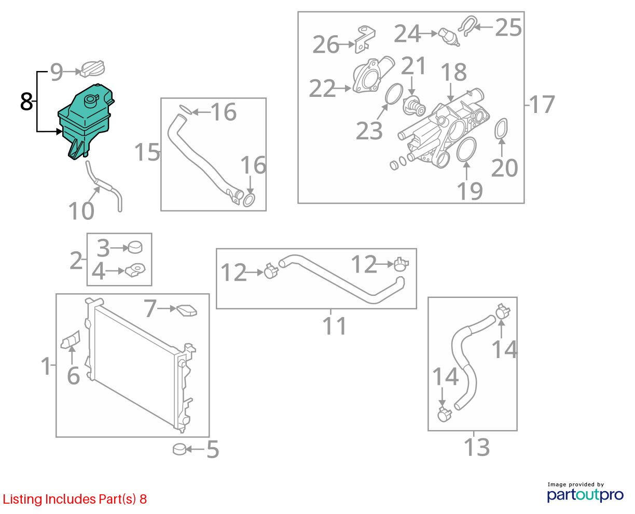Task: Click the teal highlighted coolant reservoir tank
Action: click(85, 122)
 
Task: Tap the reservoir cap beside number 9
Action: click(93, 69)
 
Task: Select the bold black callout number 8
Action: click(26, 102)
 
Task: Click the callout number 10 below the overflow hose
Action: click(81, 211)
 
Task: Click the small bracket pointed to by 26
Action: click(365, 39)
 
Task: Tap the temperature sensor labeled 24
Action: click(449, 38)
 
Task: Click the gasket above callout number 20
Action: click(501, 128)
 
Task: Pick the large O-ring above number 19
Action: click(466, 149)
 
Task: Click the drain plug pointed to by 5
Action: click(180, 450)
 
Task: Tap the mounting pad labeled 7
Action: click(187, 310)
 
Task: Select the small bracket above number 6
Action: click(71, 339)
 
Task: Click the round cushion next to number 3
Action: click(135, 248)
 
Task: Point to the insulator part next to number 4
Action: click(135, 270)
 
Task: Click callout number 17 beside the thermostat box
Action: click(542, 104)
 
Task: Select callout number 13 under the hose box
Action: click(477, 447)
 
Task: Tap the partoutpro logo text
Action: click(585, 495)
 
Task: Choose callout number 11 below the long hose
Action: click(335, 326)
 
